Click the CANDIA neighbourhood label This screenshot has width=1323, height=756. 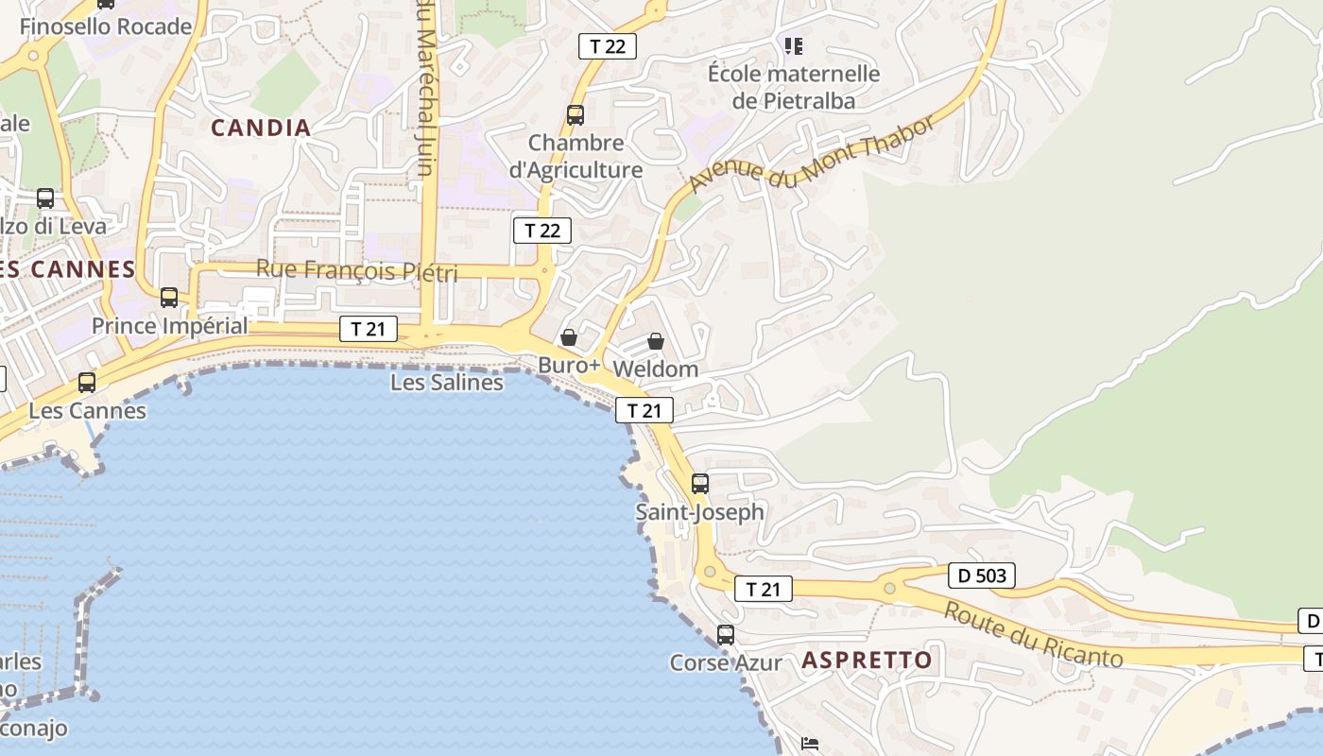point(260,128)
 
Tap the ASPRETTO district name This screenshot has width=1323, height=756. point(867,660)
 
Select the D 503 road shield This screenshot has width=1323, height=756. point(981,575)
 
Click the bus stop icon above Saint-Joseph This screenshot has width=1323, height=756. point(700,484)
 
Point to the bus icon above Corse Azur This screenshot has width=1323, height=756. point(726,635)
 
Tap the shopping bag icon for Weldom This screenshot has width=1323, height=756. point(656,341)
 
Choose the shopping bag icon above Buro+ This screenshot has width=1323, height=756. point(569,337)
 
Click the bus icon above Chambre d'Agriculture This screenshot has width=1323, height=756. point(576,115)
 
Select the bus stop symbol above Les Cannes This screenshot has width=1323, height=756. point(87,383)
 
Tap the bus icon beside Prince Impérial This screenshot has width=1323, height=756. point(169,298)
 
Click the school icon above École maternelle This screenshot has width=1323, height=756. point(794,45)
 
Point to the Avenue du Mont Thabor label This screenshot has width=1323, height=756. point(812,151)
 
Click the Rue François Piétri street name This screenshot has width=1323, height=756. point(356,271)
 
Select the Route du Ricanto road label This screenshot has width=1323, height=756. point(1032,635)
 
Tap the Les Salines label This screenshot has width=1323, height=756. point(447,383)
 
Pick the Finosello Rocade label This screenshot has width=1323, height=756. point(106,26)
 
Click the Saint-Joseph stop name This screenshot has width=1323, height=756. point(699,512)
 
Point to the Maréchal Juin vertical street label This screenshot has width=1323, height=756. point(425,90)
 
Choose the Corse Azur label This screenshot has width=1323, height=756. point(726,662)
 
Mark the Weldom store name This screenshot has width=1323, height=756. point(656,369)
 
